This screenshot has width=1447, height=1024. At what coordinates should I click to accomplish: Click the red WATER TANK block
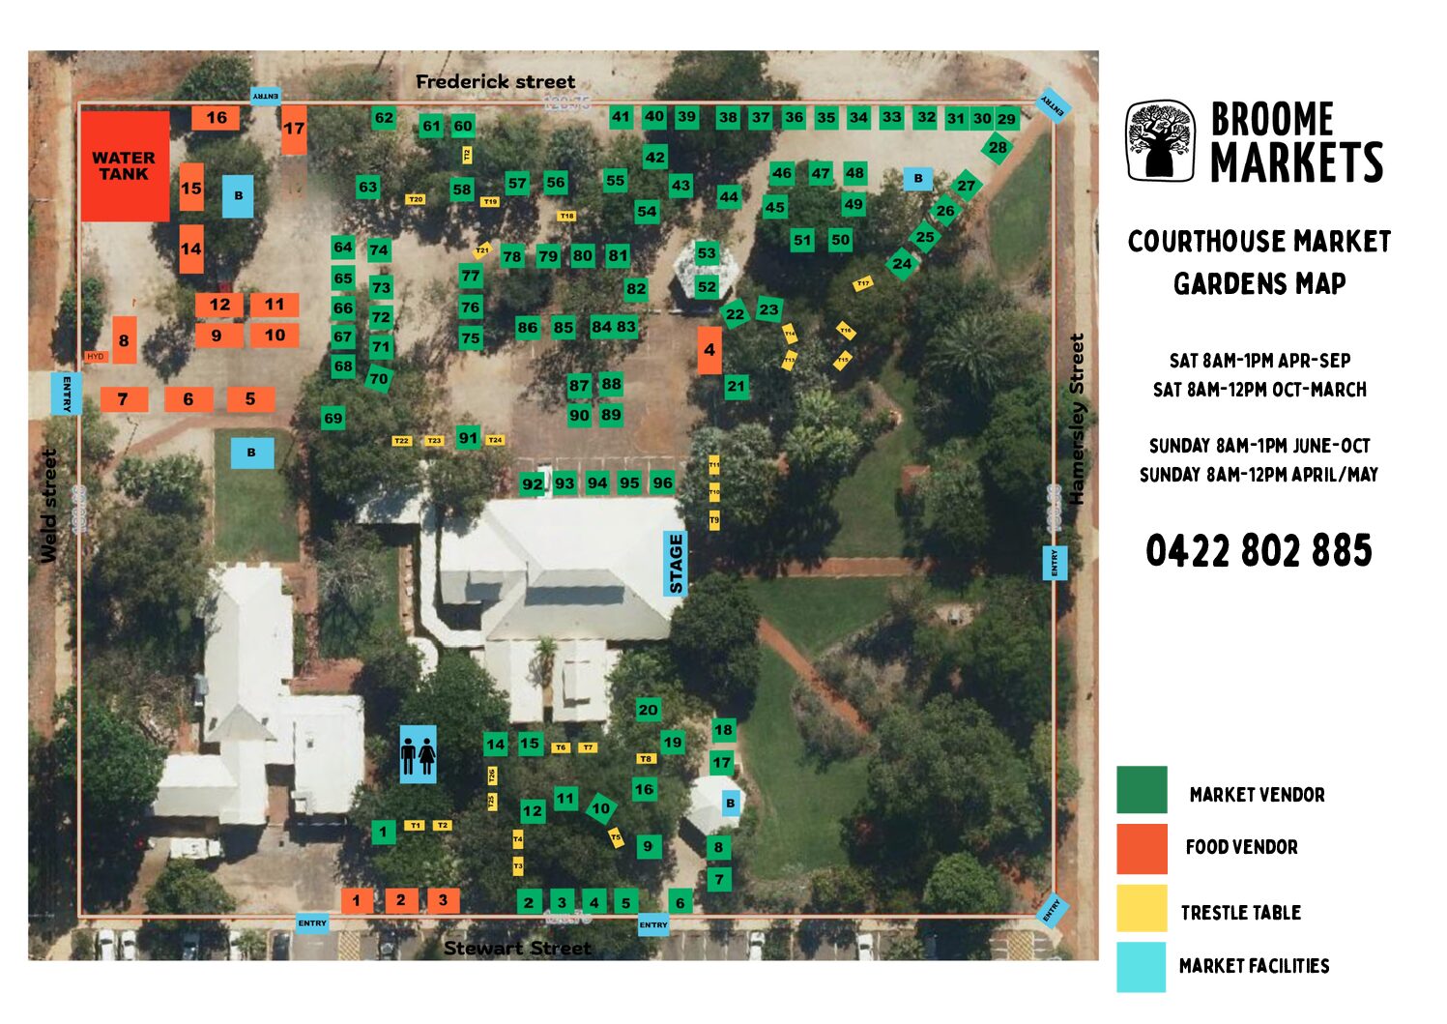tap(125, 165)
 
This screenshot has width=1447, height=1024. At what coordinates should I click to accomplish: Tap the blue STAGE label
tap(675, 564)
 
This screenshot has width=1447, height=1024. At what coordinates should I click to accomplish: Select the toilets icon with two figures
tap(418, 754)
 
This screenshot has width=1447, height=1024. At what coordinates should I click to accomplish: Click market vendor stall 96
tap(662, 483)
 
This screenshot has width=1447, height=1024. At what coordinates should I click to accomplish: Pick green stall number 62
tap(384, 118)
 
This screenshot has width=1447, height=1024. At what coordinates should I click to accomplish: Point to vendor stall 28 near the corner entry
tap(997, 148)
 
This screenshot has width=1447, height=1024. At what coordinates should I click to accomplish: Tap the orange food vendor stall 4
tap(709, 350)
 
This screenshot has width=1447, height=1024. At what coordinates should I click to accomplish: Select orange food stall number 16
tap(216, 118)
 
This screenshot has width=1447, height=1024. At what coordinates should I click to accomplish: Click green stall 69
tap(333, 418)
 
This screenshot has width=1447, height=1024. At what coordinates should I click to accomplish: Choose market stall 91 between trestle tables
tap(468, 437)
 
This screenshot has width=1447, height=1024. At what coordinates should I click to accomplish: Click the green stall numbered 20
tap(648, 709)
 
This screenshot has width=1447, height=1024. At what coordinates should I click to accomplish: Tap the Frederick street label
tap(495, 82)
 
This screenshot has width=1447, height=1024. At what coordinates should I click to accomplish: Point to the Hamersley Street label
tap(1077, 419)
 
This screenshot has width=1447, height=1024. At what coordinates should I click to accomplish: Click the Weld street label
tap(48, 505)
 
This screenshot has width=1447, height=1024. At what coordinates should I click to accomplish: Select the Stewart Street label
tap(517, 949)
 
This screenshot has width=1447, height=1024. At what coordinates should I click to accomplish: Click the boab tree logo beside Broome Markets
tap(1161, 141)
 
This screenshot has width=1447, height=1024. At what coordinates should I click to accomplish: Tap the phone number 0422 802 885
tap(1259, 551)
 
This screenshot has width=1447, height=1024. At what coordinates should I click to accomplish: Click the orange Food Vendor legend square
tap(1142, 848)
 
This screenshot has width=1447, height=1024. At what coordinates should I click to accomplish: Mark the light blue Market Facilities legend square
tap(1142, 966)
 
